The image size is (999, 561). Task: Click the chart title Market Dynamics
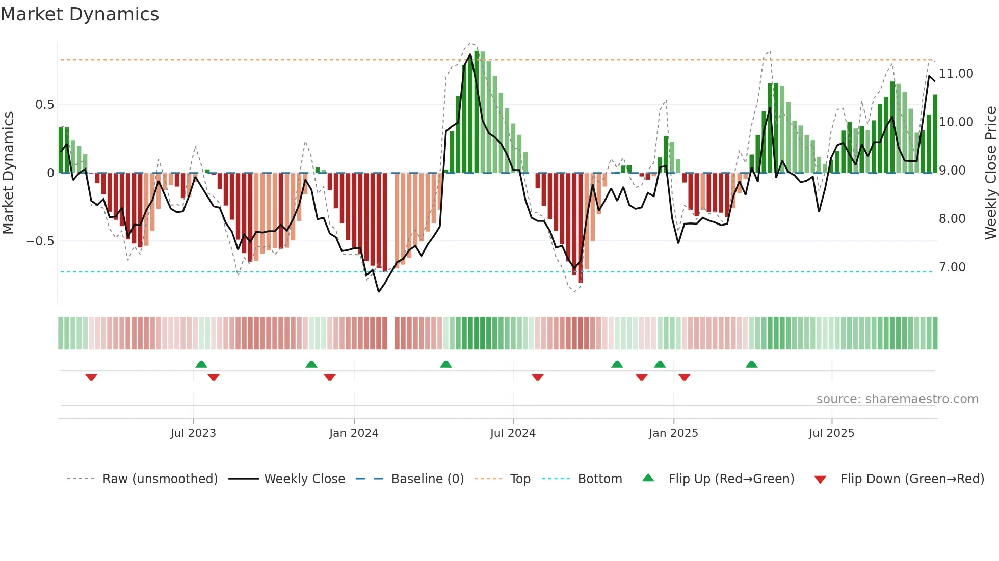pyautogui.click(x=80, y=14)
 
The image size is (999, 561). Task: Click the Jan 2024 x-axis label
pyautogui.click(x=354, y=433)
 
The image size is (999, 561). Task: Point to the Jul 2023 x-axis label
pyautogui.click(x=193, y=433)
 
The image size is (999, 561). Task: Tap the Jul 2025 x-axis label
pyautogui.click(x=831, y=433)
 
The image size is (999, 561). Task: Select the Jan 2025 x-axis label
pyautogui.click(x=673, y=433)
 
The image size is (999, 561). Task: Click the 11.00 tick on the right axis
pyautogui.click(x=956, y=74)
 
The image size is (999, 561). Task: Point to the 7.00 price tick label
pyautogui.click(x=952, y=267)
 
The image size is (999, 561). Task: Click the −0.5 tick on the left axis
pyautogui.click(x=40, y=241)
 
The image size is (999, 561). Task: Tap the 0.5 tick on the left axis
pyautogui.click(x=44, y=105)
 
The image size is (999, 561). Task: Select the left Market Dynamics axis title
pyautogui.click(x=8, y=173)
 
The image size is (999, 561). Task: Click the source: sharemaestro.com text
pyautogui.click(x=897, y=399)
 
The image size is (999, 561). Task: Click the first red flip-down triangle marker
pyautogui.click(x=91, y=377)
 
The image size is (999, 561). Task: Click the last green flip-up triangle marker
pyautogui.click(x=751, y=364)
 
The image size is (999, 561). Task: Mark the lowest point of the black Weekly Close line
pyautogui.click(x=378, y=292)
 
